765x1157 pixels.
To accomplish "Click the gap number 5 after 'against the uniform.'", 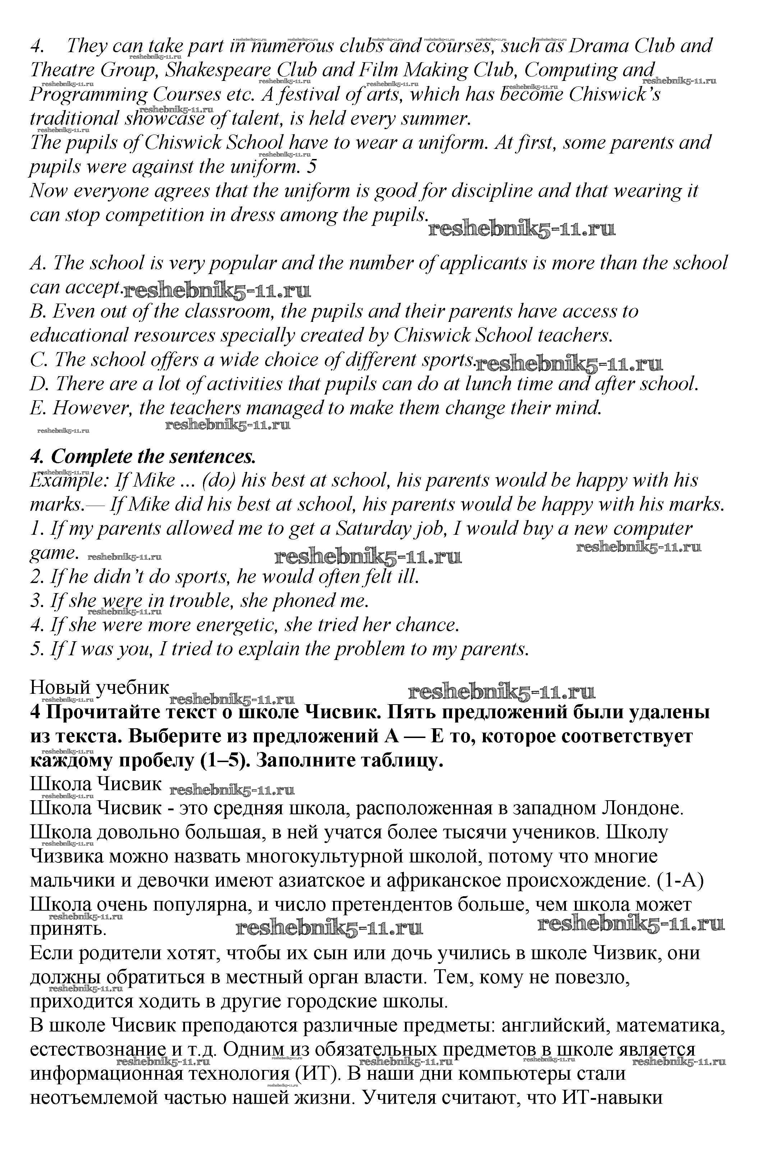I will pos(312,167).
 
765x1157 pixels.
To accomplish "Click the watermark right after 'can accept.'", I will pos(217,291).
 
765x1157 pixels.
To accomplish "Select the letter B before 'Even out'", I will pos(37,311).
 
